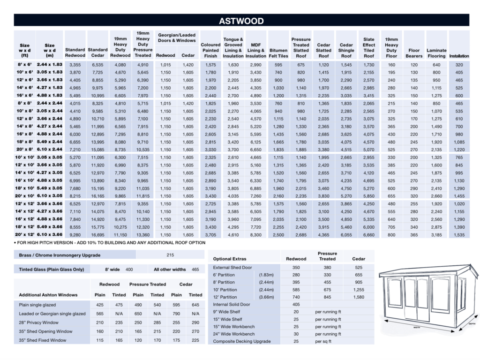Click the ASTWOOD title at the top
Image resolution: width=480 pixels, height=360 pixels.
coord(241,21)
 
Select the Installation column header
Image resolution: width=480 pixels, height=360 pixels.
coord(459,56)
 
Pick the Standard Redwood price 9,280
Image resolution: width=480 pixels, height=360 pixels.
coord(75,234)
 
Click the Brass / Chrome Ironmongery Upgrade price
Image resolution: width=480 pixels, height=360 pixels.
coord(170,255)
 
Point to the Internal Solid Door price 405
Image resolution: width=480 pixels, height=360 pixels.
coord(296,304)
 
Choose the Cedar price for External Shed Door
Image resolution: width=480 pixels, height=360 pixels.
coord(359,267)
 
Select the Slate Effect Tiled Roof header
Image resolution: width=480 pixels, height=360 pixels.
coord(369,48)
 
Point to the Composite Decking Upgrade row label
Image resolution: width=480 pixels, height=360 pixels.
coord(241,341)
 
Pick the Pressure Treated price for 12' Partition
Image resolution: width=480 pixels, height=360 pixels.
coord(327,297)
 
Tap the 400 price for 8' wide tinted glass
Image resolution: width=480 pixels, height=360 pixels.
coord(129,270)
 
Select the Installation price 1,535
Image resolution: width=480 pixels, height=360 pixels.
coord(459,234)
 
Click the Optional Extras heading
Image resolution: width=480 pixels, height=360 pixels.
coord(230,259)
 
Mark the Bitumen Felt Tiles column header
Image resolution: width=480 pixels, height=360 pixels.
coord(278,53)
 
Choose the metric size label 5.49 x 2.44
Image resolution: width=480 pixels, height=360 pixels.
coord(50,142)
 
